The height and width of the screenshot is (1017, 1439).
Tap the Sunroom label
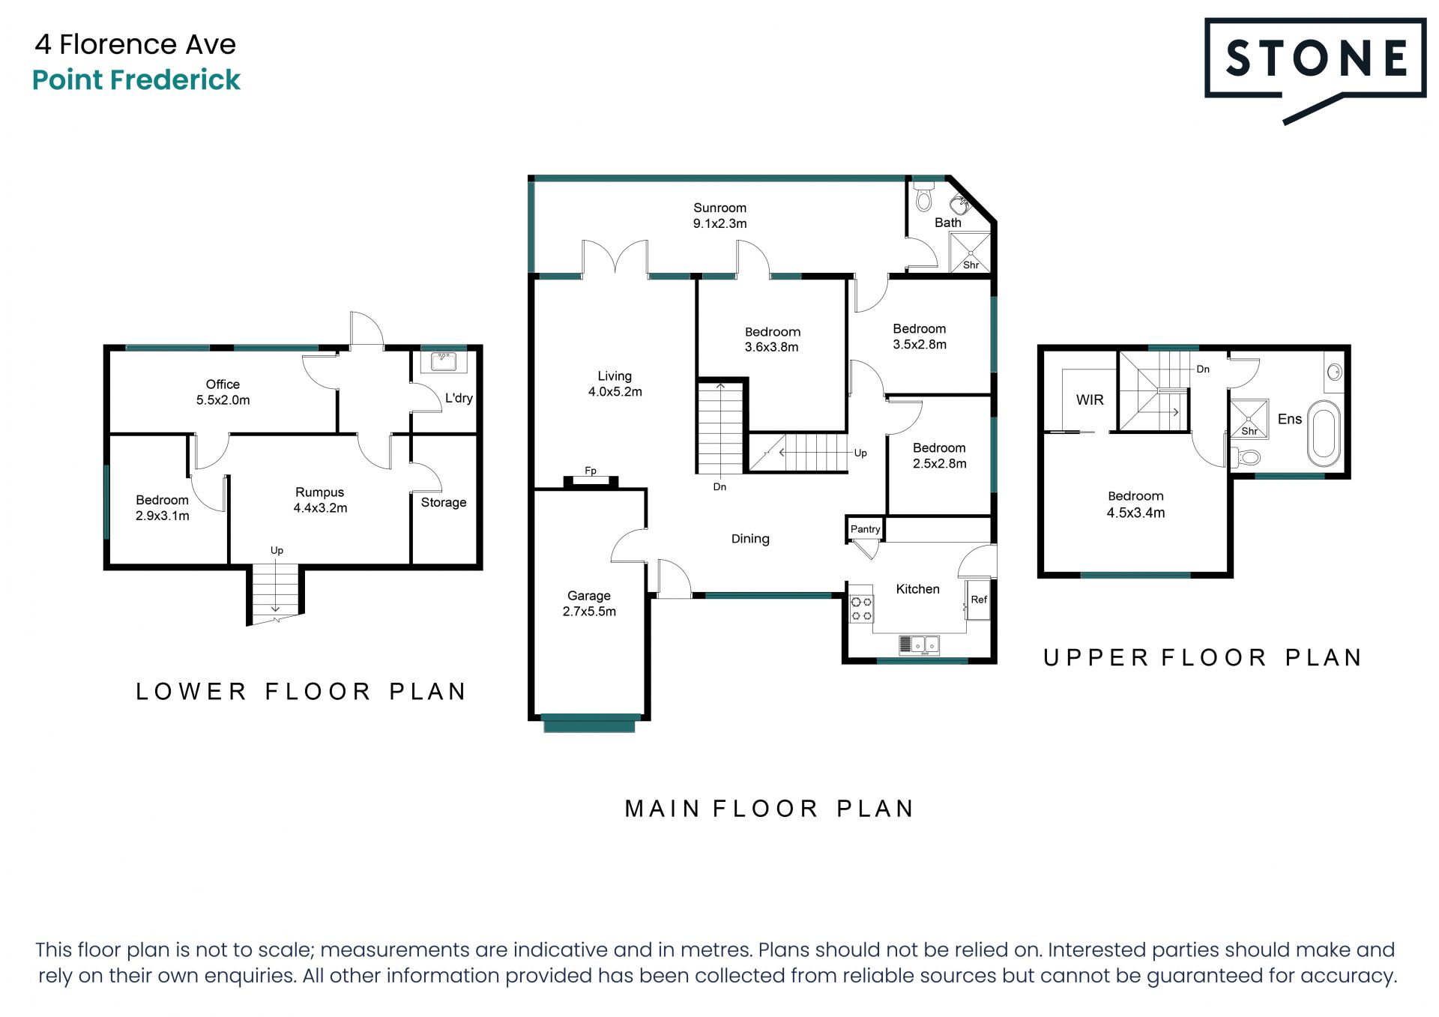pos(719,208)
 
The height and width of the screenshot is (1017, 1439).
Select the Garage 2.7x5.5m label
pos(589,603)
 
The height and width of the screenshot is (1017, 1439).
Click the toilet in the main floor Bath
pos(924,198)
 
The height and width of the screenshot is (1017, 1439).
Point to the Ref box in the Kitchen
pos(978,600)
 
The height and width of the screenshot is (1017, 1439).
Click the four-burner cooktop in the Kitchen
pos(861,609)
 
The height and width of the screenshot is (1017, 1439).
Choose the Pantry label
pos(865,529)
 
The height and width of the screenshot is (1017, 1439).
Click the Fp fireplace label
pos(591,471)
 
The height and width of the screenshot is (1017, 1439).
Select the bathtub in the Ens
pos(1324,434)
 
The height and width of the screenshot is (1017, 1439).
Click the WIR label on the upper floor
pos(1090,400)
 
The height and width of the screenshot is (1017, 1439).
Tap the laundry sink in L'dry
pos(444,362)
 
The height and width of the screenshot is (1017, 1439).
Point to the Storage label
pos(444,502)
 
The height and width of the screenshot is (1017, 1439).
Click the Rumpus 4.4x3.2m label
pos(320,500)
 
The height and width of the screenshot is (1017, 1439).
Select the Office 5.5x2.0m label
pos(223,392)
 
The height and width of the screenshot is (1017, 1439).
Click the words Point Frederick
pos(136,79)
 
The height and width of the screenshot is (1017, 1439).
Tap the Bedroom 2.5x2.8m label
pos(939,456)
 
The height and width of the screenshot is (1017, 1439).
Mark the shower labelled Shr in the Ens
pos(1249,418)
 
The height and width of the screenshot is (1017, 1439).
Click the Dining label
pos(750,539)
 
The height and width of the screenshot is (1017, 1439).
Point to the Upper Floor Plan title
pos(1202,658)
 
